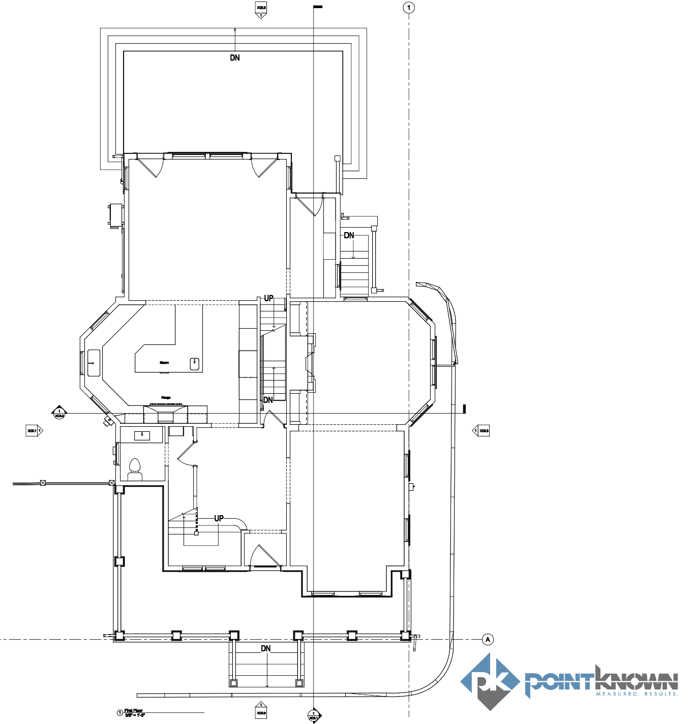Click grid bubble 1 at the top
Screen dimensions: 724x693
coord(409,8)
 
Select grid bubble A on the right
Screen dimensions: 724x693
coord(488,639)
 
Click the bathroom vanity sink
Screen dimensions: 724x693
coord(142,435)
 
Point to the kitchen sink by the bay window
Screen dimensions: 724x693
coord(94,363)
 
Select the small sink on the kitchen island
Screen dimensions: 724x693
coord(194,364)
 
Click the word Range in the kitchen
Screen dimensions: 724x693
coord(166,397)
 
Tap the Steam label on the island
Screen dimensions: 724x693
coord(164,363)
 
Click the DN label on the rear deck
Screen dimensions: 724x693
coord(235,58)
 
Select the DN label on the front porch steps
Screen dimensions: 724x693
coord(266,649)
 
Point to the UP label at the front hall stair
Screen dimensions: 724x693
coord(219,518)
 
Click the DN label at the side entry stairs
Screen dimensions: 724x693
coord(349,235)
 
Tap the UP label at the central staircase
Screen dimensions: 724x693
coord(268,298)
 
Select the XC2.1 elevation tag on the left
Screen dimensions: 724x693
coord(34,431)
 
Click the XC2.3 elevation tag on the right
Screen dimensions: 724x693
coord(482,431)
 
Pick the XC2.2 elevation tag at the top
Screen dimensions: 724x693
coord(261,10)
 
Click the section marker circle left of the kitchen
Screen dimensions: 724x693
coord(59,413)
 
